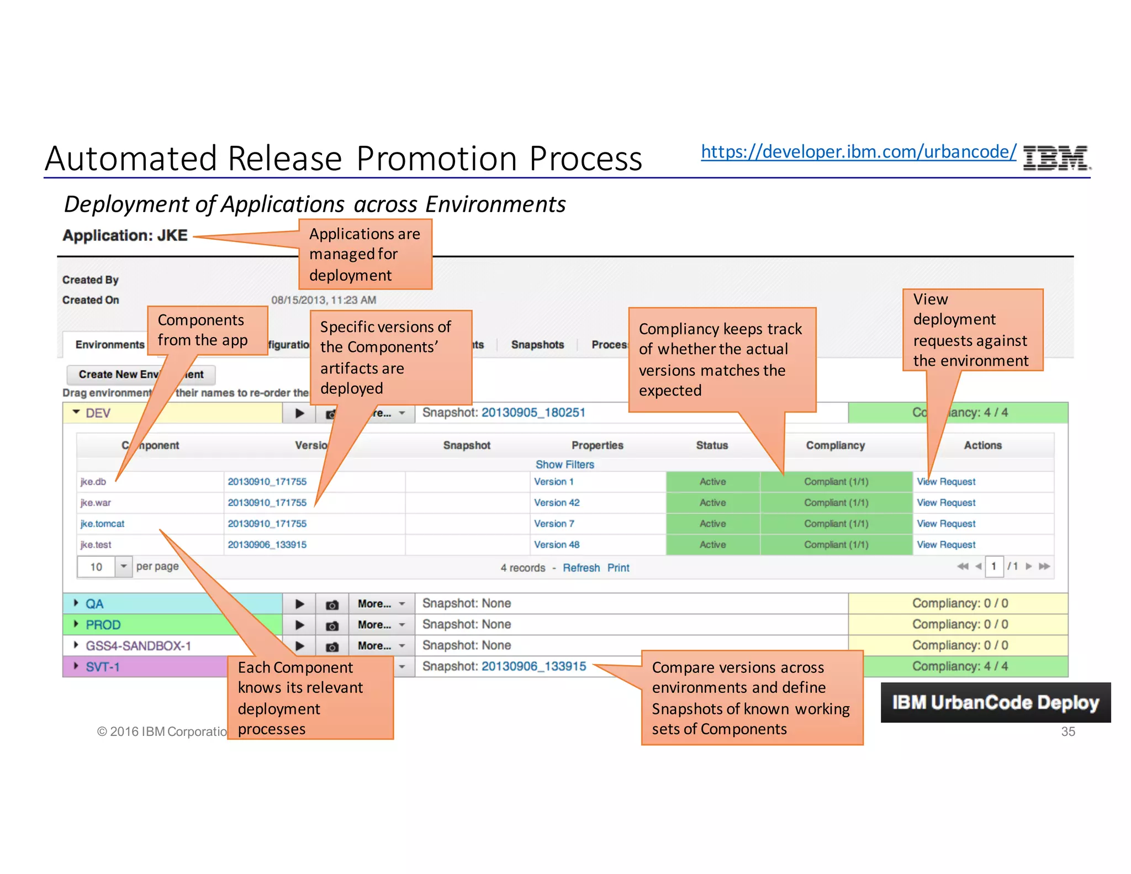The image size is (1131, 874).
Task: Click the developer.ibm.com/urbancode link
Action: point(858,152)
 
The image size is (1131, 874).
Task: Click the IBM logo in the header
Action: point(1056,157)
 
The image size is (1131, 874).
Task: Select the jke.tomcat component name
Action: point(103,524)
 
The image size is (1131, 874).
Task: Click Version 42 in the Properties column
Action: point(557,503)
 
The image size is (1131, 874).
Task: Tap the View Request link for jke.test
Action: point(946,545)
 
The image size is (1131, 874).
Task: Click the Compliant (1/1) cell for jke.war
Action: point(836,503)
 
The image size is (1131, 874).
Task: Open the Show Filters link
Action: point(564,465)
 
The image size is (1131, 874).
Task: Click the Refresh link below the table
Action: point(581,568)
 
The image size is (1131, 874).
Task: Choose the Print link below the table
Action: point(618,568)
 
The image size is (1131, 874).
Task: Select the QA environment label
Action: point(94,604)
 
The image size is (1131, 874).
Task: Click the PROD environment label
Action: point(103,625)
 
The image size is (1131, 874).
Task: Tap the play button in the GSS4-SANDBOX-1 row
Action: point(299,646)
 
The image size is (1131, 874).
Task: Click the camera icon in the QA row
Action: point(332,604)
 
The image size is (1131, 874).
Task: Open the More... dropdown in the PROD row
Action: point(381,625)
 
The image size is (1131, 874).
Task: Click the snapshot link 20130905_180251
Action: point(533,413)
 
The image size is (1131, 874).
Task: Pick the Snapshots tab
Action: point(537,345)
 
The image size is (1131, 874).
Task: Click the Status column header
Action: point(712,445)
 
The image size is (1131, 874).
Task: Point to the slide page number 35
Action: point(1068,731)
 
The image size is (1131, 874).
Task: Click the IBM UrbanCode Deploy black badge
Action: point(995,702)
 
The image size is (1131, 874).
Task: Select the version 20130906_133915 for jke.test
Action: point(267,545)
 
